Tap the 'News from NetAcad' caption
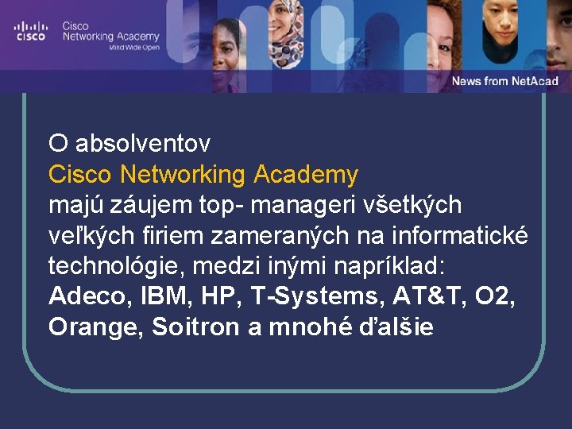504,81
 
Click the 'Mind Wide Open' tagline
134,48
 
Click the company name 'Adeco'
87,296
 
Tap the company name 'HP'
218,296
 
